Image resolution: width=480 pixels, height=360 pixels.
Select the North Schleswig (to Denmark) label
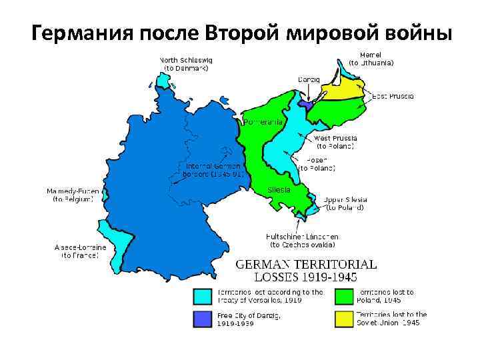[x=186, y=63]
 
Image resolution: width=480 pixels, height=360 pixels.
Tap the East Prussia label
[x=393, y=97]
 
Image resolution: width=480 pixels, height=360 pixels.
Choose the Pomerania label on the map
[x=265, y=123]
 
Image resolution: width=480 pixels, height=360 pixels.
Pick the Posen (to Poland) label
[x=320, y=164]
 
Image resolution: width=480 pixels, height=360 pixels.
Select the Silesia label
[x=279, y=189]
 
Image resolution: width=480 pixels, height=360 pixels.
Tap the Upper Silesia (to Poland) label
[x=344, y=203]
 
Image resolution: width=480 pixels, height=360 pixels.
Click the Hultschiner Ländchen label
[x=303, y=240]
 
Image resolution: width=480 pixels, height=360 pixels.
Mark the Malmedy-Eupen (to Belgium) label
[x=73, y=195]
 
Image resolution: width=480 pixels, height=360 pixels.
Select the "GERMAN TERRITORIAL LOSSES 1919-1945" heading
[x=306, y=270]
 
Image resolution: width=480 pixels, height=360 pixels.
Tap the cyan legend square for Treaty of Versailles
[x=202, y=295]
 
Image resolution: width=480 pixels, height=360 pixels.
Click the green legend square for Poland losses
[x=344, y=295]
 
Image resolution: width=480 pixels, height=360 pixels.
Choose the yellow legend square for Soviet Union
[x=344, y=318]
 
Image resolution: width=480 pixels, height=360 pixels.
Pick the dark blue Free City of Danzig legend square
[x=202, y=318]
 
